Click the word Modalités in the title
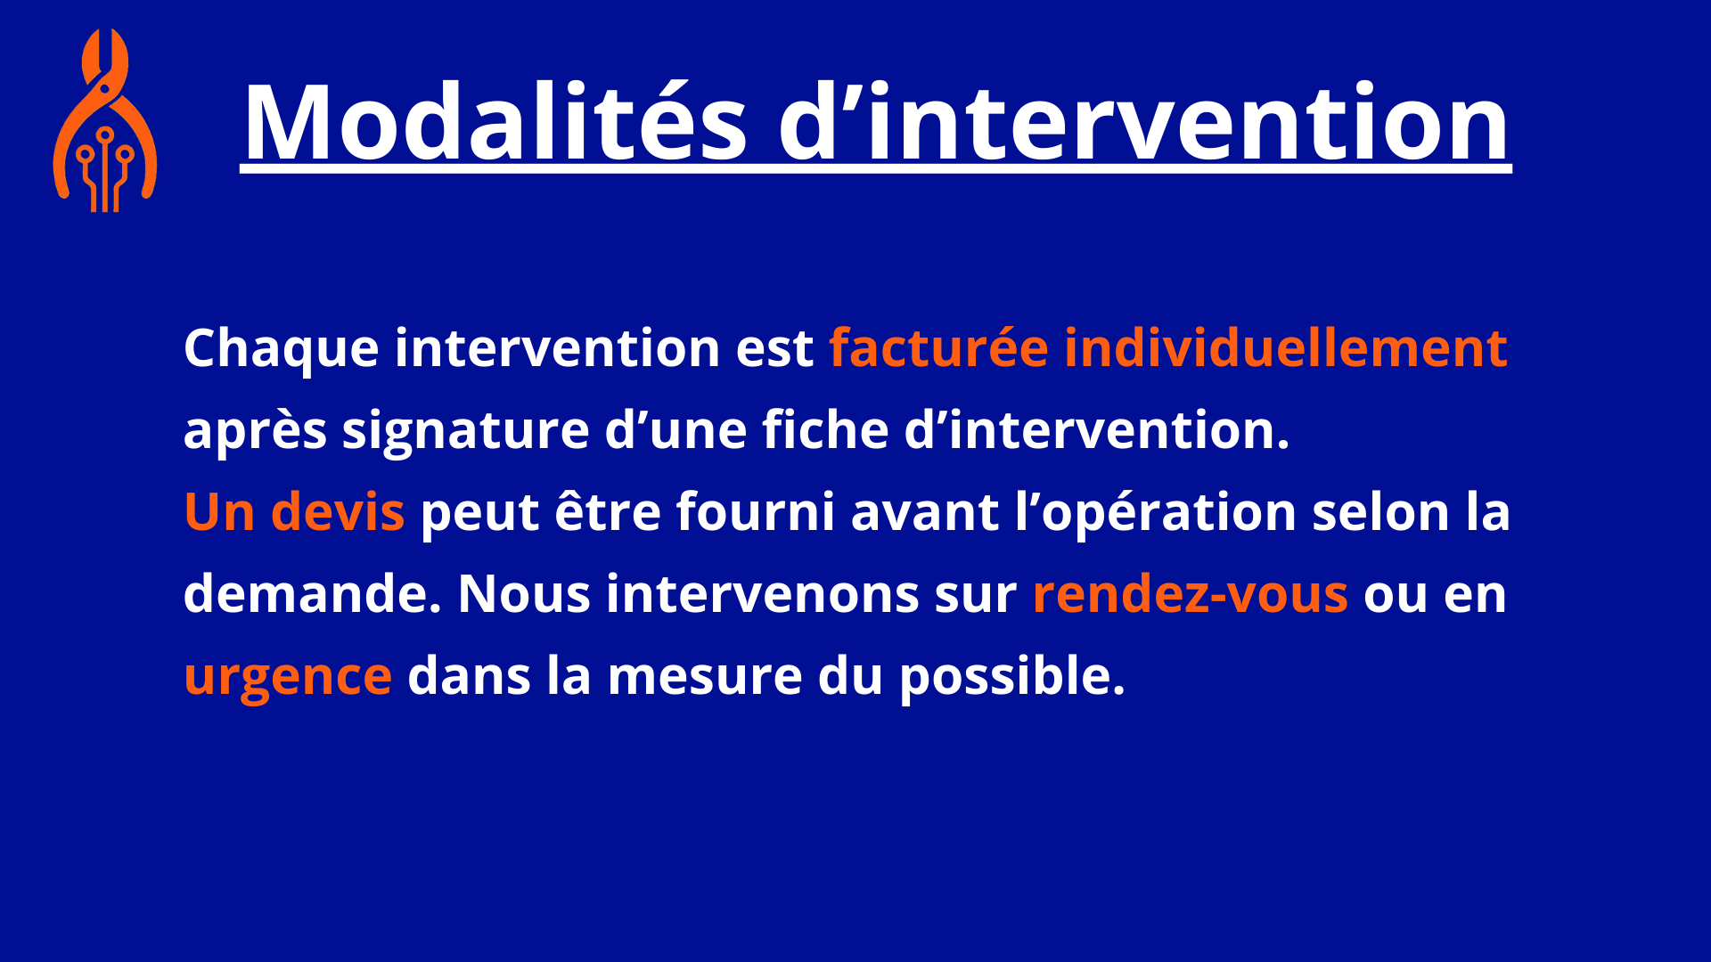(495, 122)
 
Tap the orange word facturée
(938, 347)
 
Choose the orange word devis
(338, 511)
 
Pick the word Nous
(524, 594)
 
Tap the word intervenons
(762, 594)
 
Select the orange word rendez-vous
(1191, 594)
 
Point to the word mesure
(705, 677)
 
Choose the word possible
(1012, 677)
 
